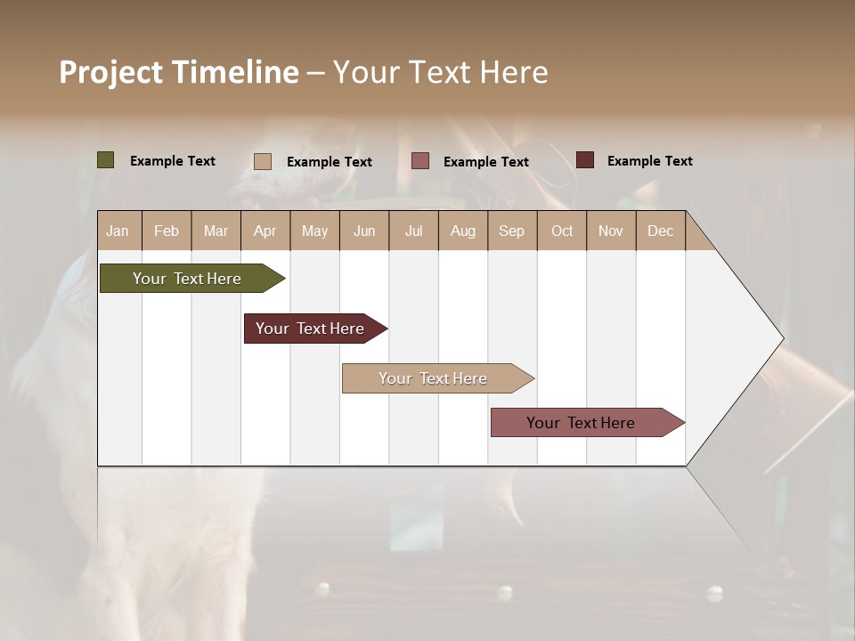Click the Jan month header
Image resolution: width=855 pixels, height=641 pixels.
click(x=118, y=231)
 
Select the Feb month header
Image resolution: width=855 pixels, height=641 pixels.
click(x=167, y=231)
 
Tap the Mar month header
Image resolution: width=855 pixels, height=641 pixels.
click(x=216, y=231)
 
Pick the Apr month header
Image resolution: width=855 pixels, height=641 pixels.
click(x=265, y=231)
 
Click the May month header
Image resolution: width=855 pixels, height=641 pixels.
click(x=314, y=231)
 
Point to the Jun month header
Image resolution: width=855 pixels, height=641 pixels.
click(x=364, y=231)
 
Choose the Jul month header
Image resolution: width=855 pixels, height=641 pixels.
click(x=413, y=231)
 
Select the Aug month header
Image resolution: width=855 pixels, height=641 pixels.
click(x=463, y=231)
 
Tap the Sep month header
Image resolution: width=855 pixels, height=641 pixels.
click(x=512, y=231)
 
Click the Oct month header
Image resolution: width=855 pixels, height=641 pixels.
click(x=562, y=231)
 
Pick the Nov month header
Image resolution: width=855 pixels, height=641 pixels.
click(x=611, y=231)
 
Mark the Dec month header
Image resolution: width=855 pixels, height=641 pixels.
click(x=661, y=231)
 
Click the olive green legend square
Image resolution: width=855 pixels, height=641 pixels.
click(x=106, y=160)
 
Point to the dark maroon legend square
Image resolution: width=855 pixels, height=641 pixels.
click(x=585, y=160)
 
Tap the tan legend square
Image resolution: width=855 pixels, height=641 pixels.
click(x=263, y=161)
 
